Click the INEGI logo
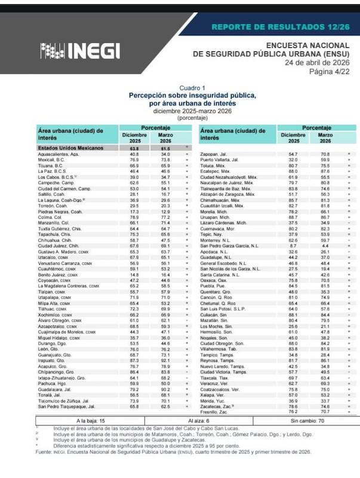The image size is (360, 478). point(79,51)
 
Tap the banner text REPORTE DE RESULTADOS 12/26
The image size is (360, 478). point(280,28)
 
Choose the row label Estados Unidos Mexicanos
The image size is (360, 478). point(67,148)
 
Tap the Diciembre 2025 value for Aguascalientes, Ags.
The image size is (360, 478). point(134,154)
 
